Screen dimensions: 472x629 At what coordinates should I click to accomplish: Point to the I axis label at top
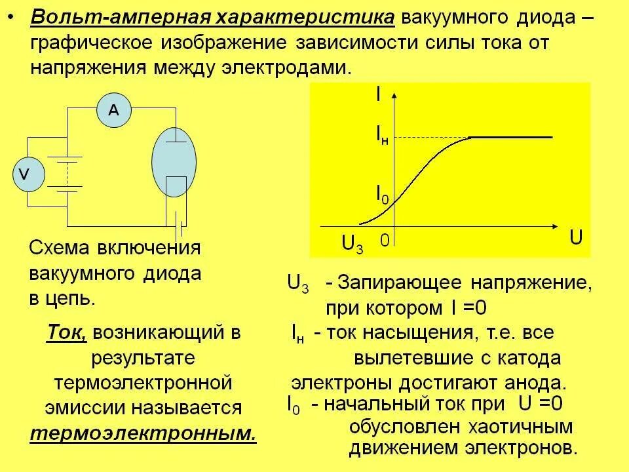(378, 94)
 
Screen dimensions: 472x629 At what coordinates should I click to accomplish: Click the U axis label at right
(576, 237)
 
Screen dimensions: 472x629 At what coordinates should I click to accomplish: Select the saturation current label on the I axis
(383, 135)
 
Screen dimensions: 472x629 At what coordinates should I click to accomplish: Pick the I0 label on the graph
(382, 193)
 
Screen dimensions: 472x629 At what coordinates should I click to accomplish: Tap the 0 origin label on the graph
(385, 241)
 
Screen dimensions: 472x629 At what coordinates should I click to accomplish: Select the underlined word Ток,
(67, 332)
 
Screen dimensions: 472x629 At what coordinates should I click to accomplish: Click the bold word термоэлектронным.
(143, 433)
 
